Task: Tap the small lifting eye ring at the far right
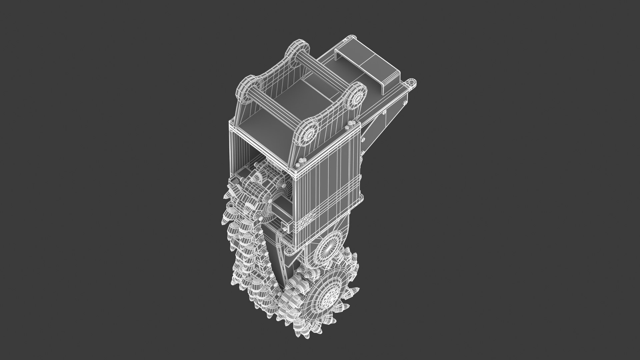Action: click(412, 82)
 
